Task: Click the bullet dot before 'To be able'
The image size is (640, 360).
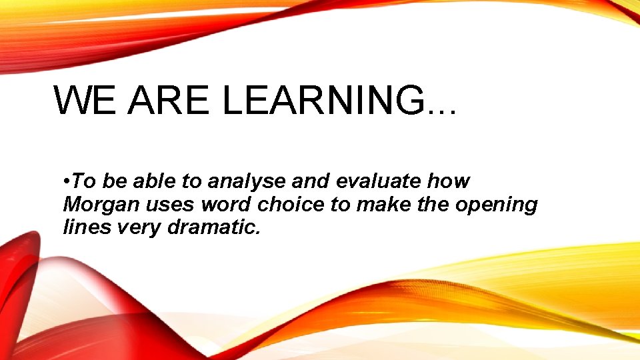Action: [67, 182]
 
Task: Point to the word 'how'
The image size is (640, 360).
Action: [450, 181]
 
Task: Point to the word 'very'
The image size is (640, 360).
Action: [139, 227]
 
